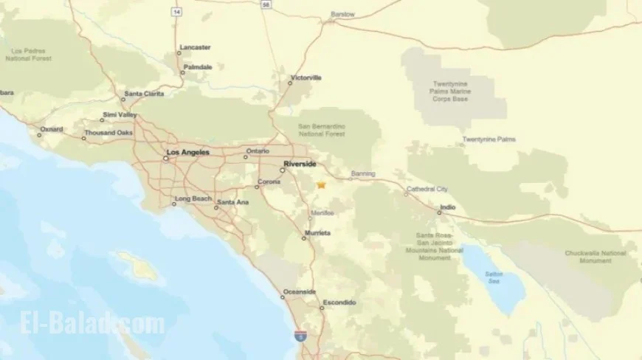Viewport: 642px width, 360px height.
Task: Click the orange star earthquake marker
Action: (x=322, y=185)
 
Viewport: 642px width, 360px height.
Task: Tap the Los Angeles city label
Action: (x=188, y=153)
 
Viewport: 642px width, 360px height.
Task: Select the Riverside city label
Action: (x=299, y=163)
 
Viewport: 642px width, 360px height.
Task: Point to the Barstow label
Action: (x=342, y=14)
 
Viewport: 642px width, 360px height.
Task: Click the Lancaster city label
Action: (x=195, y=47)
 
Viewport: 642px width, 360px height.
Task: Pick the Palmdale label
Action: (x=198, y=66)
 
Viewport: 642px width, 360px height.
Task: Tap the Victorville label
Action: (x=306, y=77)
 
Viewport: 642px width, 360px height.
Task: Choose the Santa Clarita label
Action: (x=144, y=93)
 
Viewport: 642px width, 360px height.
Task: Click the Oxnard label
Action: (x=52, y=129)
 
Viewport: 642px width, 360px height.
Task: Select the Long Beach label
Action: (x=193, y=198)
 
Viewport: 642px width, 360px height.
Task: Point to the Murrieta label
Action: (x=317, y=233)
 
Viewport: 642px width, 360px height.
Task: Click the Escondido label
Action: (x=339, y=302)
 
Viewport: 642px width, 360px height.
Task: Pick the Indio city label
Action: (x=448, y=207)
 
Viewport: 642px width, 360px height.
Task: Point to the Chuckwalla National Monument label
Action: (x=595, y=257)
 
